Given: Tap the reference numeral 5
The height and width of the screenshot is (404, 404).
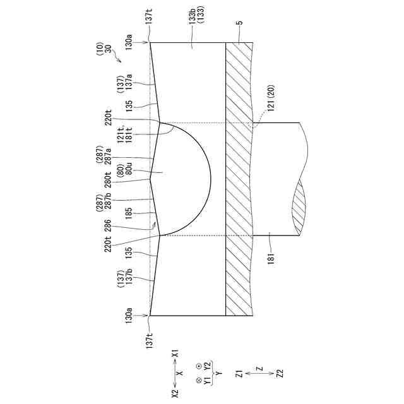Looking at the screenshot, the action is tap(240, 24).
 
